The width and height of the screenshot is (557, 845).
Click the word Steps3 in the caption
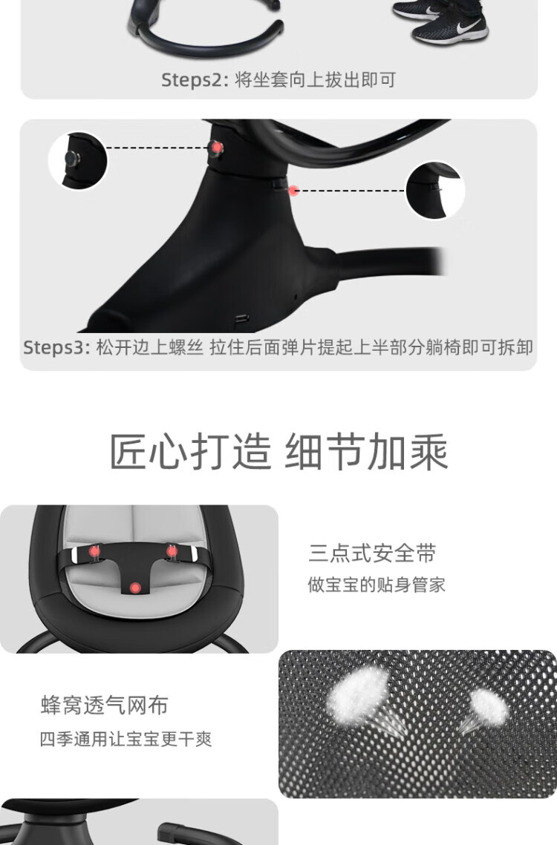53,348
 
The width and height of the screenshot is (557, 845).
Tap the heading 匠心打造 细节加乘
279,452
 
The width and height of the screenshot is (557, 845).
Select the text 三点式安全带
372,553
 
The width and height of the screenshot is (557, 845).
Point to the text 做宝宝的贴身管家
377,585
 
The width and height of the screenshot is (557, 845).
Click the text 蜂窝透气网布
105,706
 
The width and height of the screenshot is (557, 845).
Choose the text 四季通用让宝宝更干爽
126,739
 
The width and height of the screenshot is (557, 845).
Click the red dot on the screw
217,147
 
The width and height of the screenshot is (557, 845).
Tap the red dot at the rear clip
293,190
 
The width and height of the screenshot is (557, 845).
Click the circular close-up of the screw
78,160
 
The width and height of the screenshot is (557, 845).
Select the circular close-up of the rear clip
435,190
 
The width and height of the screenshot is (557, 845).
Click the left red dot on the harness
94,551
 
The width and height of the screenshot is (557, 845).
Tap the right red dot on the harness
172,550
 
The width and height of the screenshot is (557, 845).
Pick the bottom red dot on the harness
135,588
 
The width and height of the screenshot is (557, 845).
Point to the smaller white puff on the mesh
488,705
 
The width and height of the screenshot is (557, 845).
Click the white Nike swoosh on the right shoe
467,25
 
